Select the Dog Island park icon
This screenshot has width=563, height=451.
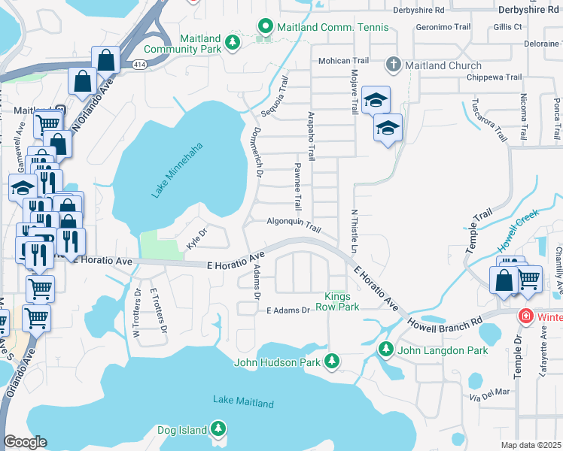tap(218, 429)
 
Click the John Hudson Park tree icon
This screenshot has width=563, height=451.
tap(331, 362)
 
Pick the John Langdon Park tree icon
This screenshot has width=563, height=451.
tap(386, 349)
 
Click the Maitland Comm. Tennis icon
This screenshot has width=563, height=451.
tap(264, 27)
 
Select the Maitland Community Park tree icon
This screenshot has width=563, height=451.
tap(233, 40)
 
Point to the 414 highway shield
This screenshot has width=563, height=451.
tap(140, 65)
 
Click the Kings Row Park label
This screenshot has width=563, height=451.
tap(342, 301)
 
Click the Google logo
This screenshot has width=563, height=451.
tap(26, 441)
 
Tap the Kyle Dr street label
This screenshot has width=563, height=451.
tap(196, 238)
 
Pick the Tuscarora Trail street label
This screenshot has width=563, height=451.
tap(488, 119)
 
